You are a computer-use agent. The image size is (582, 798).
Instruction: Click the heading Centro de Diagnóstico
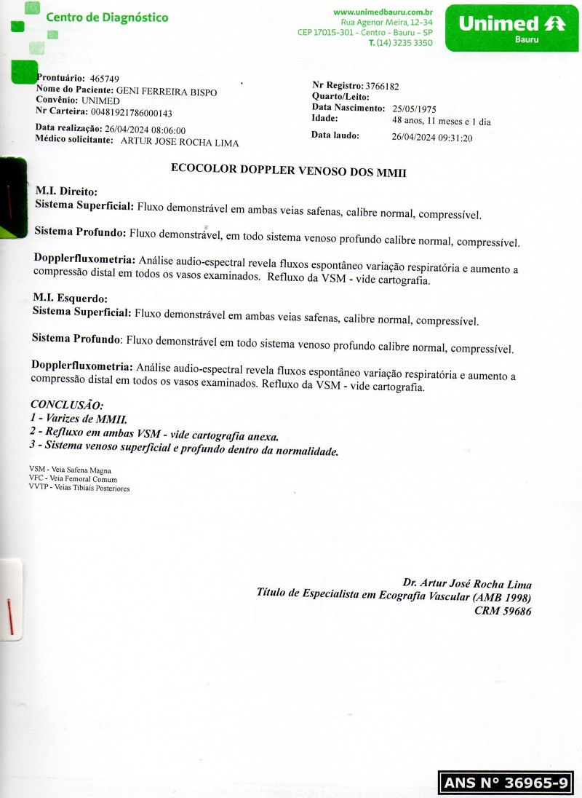pyautogui.click(x=106, y=17)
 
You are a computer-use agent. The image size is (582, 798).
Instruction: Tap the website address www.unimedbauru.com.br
pyautogui.click(x=383, y=12)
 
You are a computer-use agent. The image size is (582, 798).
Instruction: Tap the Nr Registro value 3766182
pyautogui.click(x=382, y=86)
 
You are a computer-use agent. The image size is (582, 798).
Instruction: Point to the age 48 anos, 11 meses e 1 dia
pyautogui.click(x=442, y=122)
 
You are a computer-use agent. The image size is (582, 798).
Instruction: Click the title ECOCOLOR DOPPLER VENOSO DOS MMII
pyautogui.click(x=288, y=170)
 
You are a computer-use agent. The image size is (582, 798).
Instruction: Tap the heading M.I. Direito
pyautogui.click(x=65, y=191)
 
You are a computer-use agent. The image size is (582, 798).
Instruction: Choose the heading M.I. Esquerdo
pyautogui.click(x=70, y=299)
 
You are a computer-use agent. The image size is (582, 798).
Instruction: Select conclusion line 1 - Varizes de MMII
pyautogui.click(x=79, y=419)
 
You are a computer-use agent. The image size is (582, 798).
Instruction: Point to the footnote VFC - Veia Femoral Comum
pyautogui.click(x=73, y=479)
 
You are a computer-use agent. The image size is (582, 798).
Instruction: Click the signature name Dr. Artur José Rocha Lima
pyautogui.click(x=467, y=584)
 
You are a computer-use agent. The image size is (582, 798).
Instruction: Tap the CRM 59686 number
pyautogui.click(x=503, y=612)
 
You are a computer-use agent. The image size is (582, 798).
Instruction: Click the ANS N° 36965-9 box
pyautogui.click(x=505, y=783)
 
